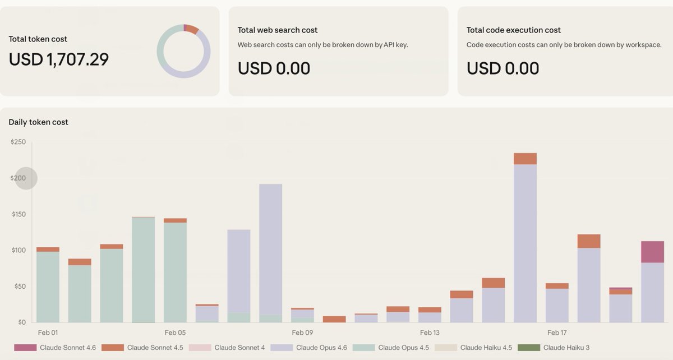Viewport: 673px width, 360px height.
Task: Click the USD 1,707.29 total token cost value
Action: click(59, 59)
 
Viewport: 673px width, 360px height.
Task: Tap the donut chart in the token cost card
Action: click(183, 51)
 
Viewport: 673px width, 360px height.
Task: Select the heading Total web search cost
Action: click(278, 30)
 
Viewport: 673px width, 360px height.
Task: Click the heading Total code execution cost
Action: click(514, 30)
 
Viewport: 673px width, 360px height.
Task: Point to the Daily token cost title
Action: click(38, 122)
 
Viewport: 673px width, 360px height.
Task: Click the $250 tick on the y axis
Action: click(18, 142)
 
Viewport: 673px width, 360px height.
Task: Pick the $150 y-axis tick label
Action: click(18, 215)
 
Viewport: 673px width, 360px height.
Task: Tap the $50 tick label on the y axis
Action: click(19, 287)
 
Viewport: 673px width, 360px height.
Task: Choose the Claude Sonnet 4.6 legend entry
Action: click(55, 348)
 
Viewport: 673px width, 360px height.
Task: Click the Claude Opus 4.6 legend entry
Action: click(308, 348)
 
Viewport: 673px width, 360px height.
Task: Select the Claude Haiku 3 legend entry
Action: click(554, 348)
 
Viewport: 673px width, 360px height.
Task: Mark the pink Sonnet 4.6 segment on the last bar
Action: click(652, 252)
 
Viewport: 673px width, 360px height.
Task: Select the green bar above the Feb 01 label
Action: click(48, 286)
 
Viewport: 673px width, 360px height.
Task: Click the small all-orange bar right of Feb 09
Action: click(334, 319)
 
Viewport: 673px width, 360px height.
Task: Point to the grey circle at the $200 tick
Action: click(26, 179)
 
